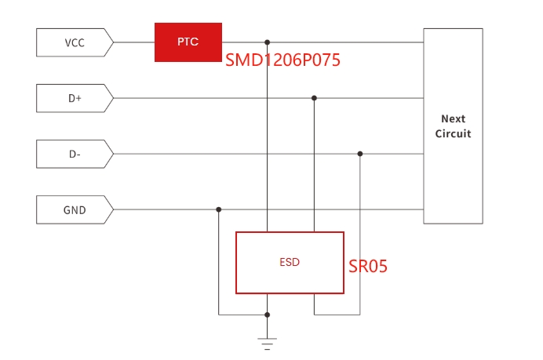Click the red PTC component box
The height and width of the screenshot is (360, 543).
188,42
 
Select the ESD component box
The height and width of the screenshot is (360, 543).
290,263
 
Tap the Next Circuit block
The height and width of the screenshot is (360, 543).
453,126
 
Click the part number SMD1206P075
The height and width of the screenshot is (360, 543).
282,60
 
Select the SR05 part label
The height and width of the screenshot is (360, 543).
368,266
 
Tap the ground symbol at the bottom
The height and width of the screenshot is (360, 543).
268,343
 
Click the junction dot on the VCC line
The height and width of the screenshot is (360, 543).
268,42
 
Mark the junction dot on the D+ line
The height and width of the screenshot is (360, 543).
314,98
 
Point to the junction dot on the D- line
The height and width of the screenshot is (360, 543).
360,154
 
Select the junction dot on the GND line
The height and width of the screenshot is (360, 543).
218,209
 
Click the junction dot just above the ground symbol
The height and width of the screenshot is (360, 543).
268,315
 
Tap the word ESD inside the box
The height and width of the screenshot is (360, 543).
290,263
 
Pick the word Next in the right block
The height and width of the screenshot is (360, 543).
453,119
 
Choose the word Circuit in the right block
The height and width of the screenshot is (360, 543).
453,133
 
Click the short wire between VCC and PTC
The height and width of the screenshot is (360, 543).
134,42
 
